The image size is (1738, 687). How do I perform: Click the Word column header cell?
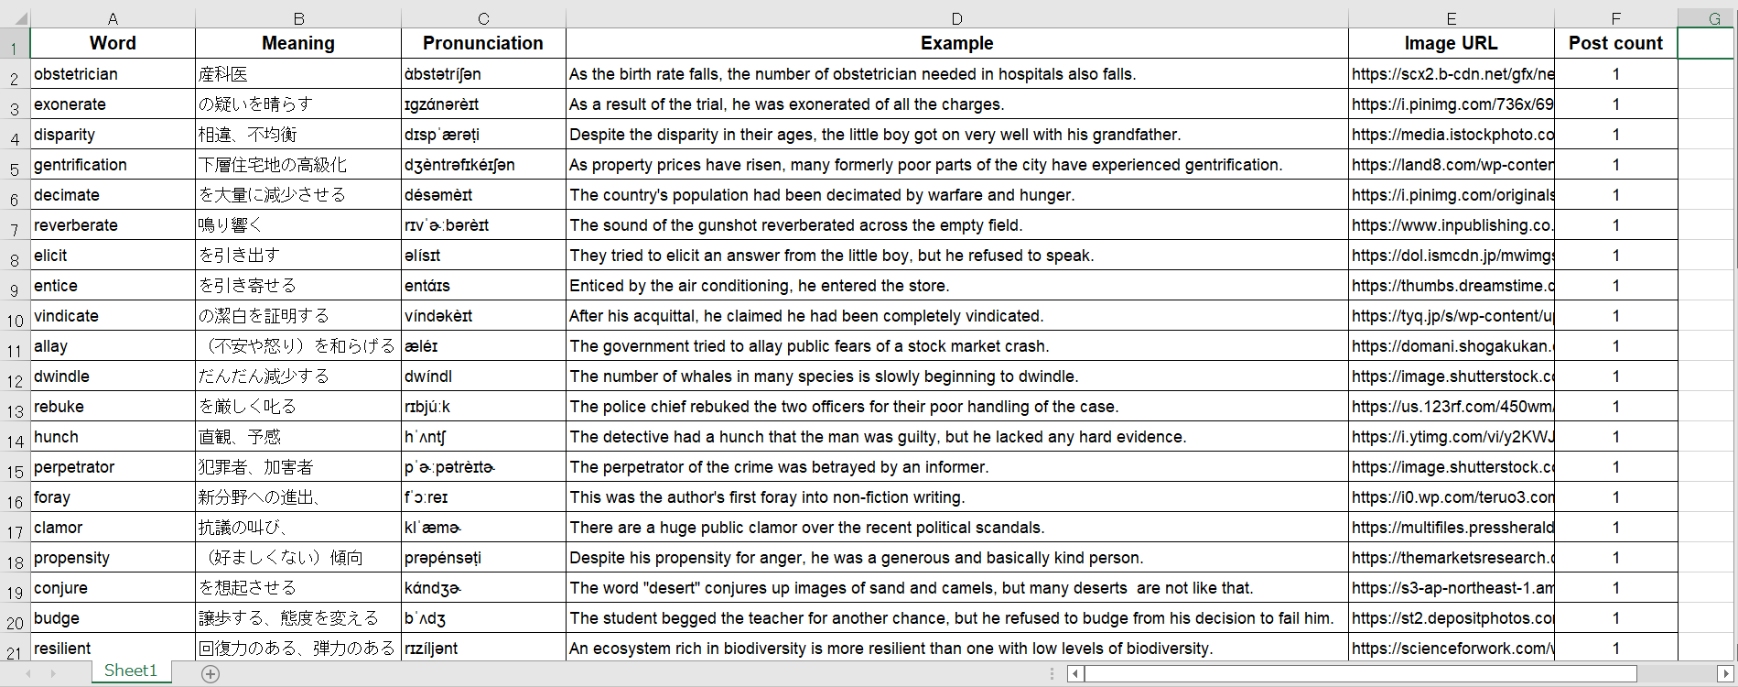tap(113, 43)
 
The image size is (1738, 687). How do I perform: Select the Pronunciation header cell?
tap(482, 43)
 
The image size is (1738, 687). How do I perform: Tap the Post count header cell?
tap(1615, 43)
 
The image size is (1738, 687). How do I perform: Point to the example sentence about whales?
tap(824, 376)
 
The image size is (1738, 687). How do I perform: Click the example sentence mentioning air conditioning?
tap(760, 286)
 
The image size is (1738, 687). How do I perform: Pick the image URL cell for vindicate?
tap(1451, 316)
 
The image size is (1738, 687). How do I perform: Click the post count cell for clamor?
tap(1615, 528)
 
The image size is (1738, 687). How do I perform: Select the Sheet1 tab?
tap(130, 671)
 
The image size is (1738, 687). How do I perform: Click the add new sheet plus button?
tap(211, 674)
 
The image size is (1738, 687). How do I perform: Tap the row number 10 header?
tap(15, 321)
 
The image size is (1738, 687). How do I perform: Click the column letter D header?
tap(956, 18)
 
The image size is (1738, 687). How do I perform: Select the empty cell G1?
tap(1705, 43)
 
